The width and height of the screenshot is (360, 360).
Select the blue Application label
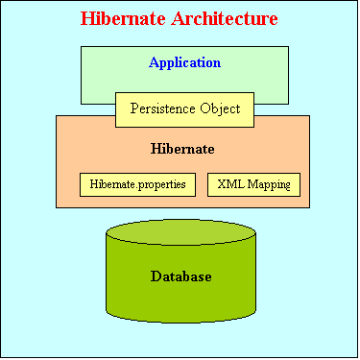point(184,62)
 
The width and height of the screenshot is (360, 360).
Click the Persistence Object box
point(184,108)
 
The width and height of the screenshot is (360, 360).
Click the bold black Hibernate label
point(182,149)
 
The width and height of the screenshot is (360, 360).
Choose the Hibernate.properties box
point(138,183)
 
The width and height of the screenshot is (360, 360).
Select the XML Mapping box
point(253,183)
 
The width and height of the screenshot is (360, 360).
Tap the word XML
point(230,183)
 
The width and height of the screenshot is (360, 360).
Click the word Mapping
point(266,183)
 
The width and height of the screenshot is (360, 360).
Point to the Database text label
point(180,276)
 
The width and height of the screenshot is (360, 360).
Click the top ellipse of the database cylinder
point(180,233)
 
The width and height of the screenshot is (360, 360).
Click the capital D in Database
point(156,276)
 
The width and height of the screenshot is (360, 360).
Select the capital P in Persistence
point(132,108)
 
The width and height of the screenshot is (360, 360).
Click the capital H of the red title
point(87,18)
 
